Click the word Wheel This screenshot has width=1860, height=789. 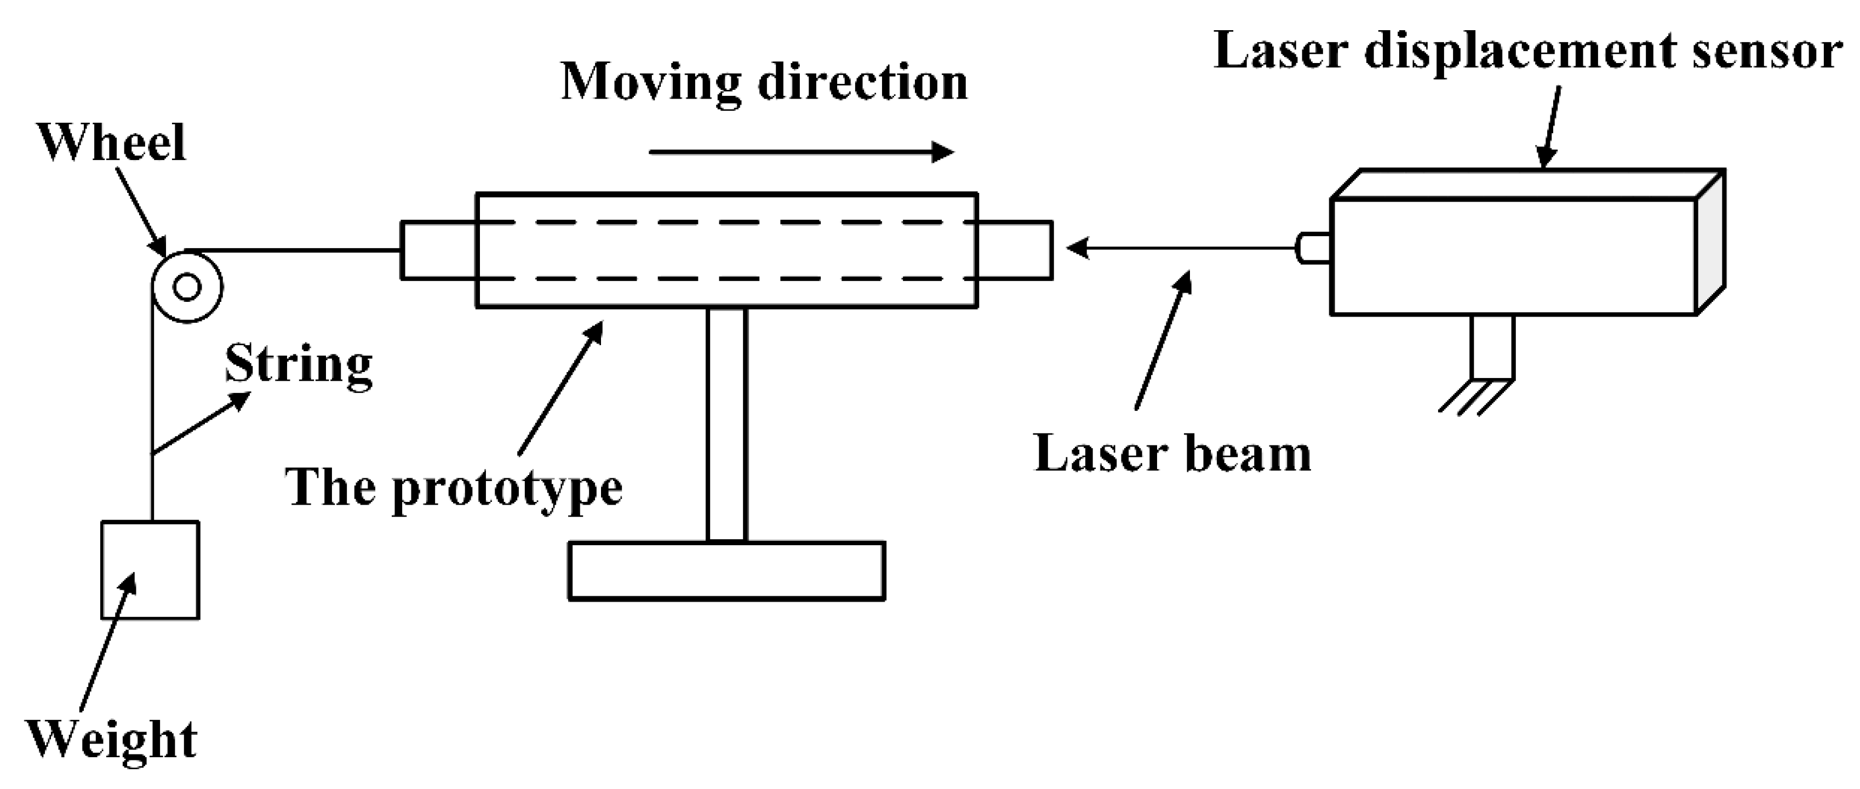click(112, 142)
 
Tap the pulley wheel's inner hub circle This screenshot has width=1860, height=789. click(187, 287)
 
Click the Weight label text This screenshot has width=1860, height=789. click(112, 740)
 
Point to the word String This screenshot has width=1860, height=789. click(298, 364)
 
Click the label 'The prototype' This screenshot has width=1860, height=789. click(454, 489)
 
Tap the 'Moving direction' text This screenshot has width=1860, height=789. click(764, 82)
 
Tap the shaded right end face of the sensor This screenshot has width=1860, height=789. click(1710, 242)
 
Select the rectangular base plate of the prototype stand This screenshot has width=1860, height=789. click(726, 570)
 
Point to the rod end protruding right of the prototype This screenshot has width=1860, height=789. click(1015, 250)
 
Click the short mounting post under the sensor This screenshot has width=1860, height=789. click(1492, 346)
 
